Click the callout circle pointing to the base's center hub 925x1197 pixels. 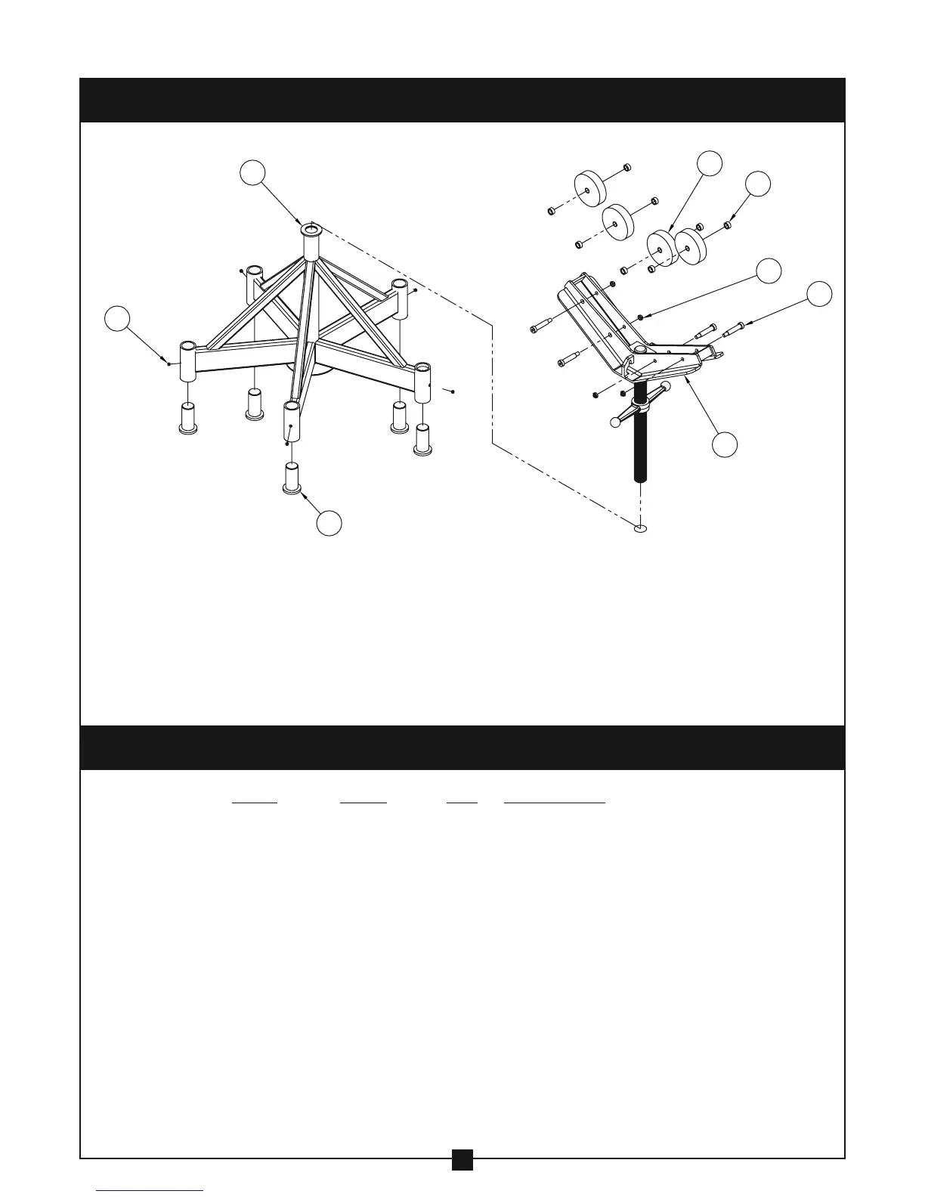tap(253, 172)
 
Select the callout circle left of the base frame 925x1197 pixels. tap(116, 318)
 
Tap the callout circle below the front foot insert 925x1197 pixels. tap(329, 524)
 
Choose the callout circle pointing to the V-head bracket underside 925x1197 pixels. tap(725, 444)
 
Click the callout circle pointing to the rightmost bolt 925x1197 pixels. tap(819, 294)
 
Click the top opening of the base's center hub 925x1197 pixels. tap(311, 228)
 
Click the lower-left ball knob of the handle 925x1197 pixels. tap(615, 422)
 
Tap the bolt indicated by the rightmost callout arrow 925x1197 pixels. tap(735, 329)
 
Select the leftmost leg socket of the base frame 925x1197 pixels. tap(187, 361)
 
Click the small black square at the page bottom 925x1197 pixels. tap(462, 1180)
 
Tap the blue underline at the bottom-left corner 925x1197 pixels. tap(150, 1191)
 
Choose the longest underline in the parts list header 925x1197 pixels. tap(555, 802)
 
